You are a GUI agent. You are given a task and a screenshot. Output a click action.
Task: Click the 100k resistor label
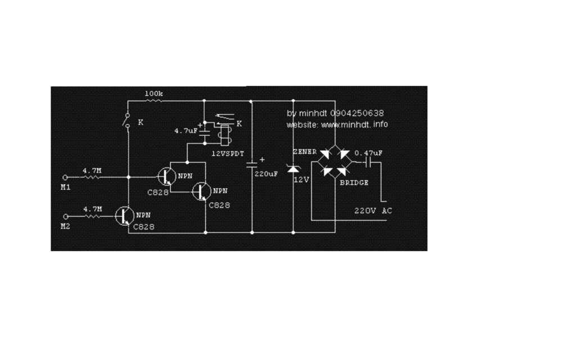(154, 93)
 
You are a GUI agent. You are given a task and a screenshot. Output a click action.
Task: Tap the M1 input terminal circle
(65, 177)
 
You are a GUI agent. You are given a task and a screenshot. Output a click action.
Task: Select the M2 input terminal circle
(66, 217)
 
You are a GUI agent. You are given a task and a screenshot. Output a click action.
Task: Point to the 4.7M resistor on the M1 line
(92, 177)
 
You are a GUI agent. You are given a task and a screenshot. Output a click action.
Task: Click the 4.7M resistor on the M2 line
(93, 217)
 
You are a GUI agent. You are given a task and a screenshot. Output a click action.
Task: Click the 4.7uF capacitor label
(186, 130)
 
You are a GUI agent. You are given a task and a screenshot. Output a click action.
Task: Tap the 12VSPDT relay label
(228, 154)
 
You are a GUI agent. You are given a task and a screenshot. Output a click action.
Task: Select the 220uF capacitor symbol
(252, 164)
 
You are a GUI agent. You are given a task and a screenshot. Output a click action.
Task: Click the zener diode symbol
(293, 169)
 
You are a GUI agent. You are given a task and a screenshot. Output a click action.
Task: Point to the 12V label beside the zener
(301, 179)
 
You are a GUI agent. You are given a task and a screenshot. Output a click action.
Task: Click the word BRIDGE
(354, 183)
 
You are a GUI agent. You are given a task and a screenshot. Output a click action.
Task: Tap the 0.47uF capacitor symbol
(368, 161)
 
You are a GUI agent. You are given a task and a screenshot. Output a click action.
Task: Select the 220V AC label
(373, 211)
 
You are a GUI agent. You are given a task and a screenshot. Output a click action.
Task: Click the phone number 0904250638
(357, 113)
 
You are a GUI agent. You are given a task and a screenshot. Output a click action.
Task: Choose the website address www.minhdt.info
(354, 124)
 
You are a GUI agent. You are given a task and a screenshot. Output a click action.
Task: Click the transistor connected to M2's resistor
(124, 216)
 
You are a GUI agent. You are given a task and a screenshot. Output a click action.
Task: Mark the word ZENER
(304, 152)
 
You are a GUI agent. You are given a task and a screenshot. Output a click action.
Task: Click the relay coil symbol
(224, 135)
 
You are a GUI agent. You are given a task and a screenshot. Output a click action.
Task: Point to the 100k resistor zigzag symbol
(154, 100)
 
